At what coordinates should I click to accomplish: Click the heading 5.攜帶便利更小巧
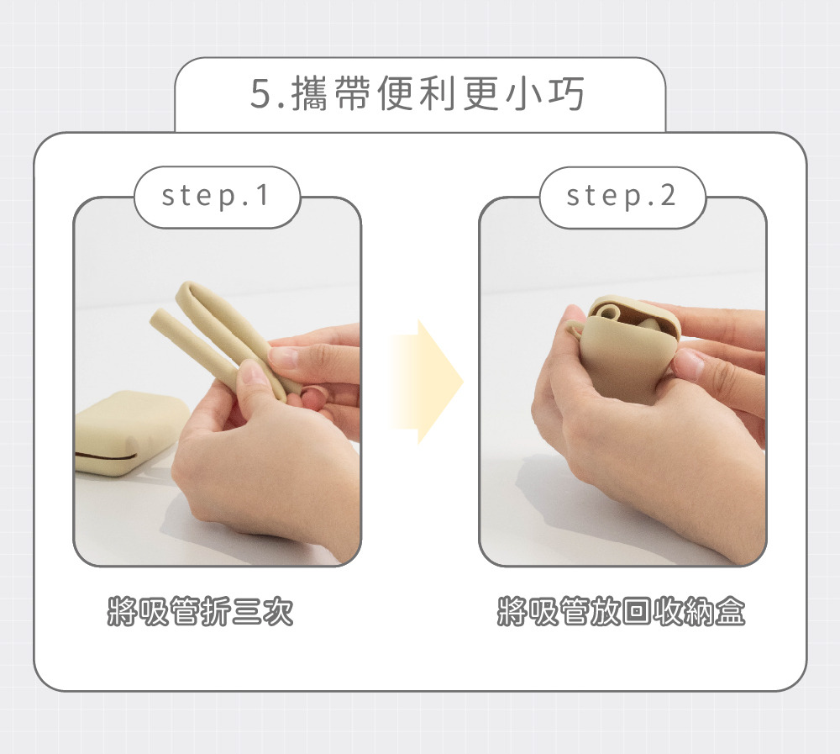tap(417, 94)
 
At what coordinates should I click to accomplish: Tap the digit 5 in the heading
tap(261, 94)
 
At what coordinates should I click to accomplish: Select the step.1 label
tap(215, 196)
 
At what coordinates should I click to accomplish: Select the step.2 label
tap(622, 196)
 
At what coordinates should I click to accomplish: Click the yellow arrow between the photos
tap(427, 382)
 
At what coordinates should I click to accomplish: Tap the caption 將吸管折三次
tap(201, 611)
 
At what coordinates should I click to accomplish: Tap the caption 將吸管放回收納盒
tap(622, 611)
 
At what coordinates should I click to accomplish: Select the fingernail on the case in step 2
tap(689, 363)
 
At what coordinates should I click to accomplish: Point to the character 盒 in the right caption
tap(731, 611)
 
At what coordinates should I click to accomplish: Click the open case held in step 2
tap(624, 349)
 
